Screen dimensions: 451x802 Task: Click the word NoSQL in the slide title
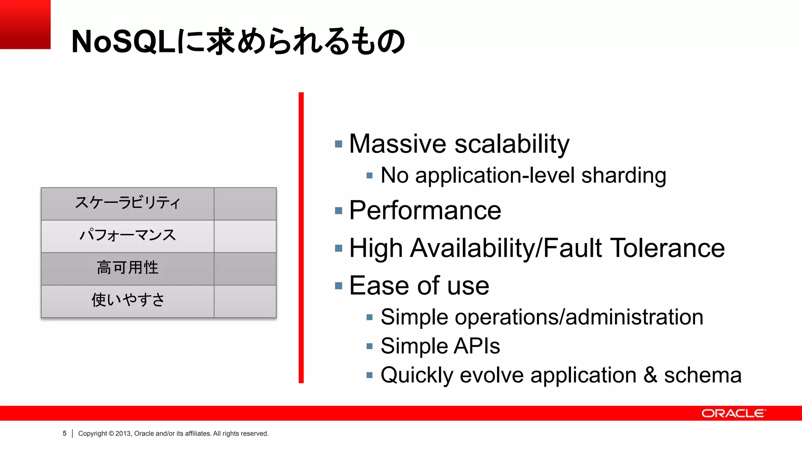click(x=124, y=42)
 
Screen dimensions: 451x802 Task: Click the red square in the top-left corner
click(x=25, y=24)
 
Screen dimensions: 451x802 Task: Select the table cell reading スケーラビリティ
click(x=128, y=204)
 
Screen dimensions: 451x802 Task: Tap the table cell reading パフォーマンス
click(x=128, y=236)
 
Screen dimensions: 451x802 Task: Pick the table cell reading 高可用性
click(x=128, y=269)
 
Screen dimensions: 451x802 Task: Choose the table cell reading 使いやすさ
click(x=128, y=301)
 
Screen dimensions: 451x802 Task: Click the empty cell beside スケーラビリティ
click(x=245, y=204)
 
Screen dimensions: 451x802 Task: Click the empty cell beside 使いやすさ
click(x=245, y=301)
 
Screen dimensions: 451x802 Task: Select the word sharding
click(x=623, y=175)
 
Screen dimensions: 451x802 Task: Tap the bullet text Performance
click(x=425, y=211)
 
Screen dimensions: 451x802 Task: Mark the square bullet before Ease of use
click(x=339, y=286)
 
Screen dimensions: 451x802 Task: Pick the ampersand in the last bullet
click(x=650, y=375)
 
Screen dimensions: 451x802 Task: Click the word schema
click(x=703, y=375)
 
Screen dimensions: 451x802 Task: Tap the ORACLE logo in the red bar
click(x=733, y=413)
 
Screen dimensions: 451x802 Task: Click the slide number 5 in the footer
click(x=65, y=433)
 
